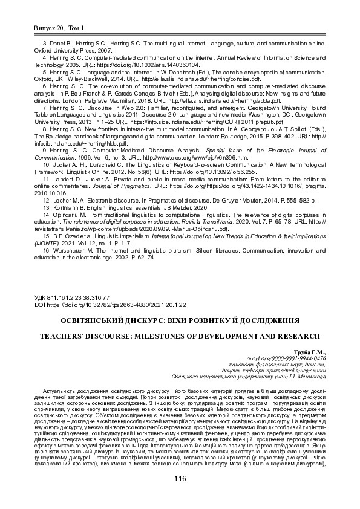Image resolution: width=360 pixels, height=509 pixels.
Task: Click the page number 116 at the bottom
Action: click(179, 479)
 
